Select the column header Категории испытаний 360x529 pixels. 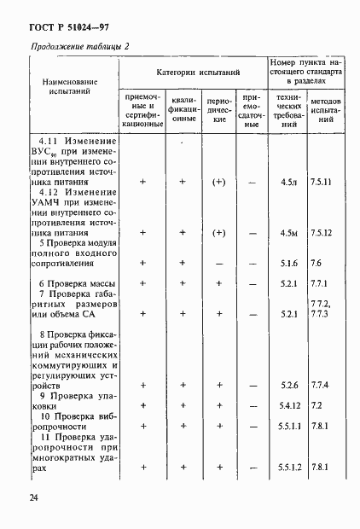point(197,75)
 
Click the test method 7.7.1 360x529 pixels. point(320,283)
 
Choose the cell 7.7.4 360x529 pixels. point(320,385)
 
